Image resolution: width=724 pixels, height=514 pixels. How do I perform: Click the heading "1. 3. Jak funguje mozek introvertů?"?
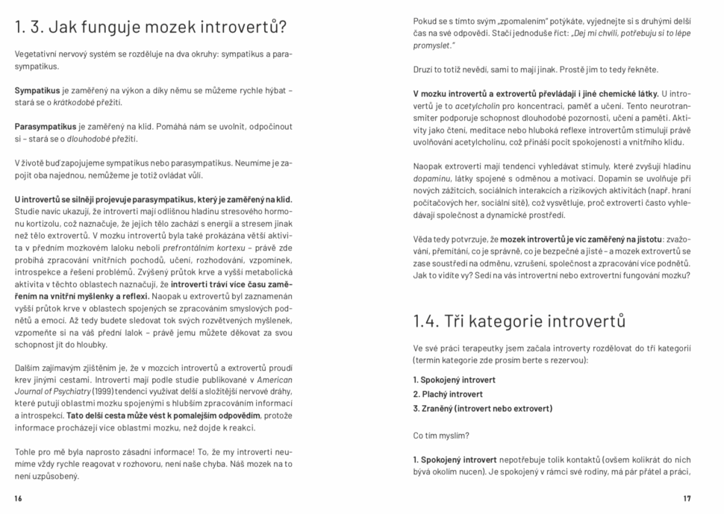point(150,28)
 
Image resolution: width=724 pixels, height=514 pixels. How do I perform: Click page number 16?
point(19,498)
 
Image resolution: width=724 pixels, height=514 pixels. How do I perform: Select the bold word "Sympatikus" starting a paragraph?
point(38,90)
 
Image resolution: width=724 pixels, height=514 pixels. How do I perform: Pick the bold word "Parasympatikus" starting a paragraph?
point(46,127)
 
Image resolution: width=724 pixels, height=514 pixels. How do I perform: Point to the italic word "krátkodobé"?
point(72,102)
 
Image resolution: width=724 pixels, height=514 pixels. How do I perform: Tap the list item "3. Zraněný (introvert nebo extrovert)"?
point(482,408)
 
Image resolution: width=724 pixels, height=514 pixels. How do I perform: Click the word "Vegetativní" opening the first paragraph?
point(37,54)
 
